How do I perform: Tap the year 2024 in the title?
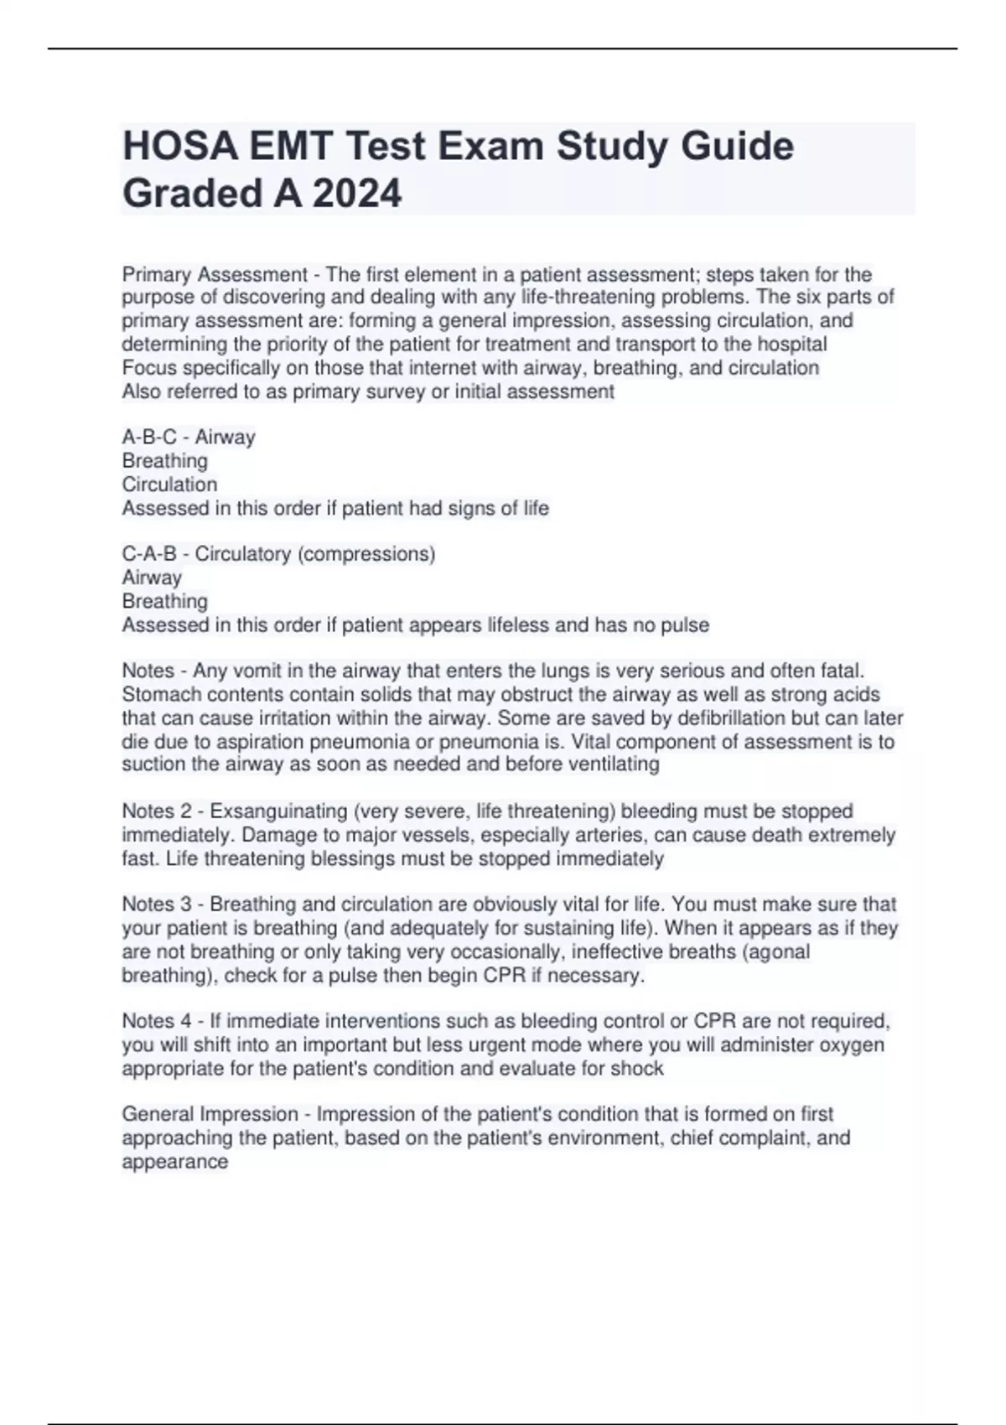(357, 194)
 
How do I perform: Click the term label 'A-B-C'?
(149, 437)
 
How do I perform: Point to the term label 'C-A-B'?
(149, 554)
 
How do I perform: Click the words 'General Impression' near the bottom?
(210, 1114)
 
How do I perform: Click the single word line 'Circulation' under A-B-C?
(169, 484)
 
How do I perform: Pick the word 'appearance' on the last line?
(174, 1162)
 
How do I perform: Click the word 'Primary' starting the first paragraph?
(156, 274)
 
